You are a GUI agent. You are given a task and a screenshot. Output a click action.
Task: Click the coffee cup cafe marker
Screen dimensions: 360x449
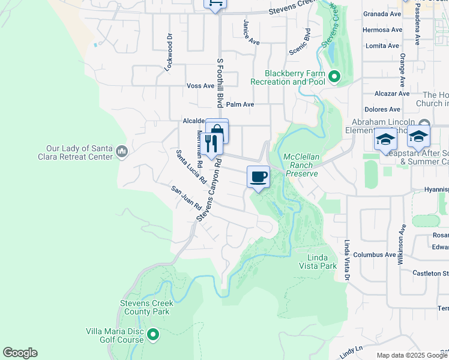tap(258, 177)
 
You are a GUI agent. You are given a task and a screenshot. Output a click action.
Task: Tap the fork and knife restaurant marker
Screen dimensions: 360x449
tap(211, 143)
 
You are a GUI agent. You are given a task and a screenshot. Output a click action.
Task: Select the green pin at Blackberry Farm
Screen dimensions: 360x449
tap(334, 77)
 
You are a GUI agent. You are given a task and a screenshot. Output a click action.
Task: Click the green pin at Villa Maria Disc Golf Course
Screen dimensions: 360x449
tap(152, 334)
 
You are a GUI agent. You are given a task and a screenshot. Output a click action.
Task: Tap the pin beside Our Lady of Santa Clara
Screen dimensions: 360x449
tap(122, 151)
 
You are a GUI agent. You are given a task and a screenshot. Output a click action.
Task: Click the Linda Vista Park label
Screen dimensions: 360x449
tap(318, 262)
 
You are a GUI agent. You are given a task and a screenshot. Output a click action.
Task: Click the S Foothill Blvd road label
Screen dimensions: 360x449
tap(220, 84)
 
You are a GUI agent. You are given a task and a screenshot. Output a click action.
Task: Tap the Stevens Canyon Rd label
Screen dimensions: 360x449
tap(210, 189)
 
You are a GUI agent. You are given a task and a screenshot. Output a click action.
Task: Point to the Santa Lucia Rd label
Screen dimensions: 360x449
tap(191, 167)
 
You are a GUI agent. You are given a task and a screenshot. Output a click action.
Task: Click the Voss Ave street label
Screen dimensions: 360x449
tap(200, 86)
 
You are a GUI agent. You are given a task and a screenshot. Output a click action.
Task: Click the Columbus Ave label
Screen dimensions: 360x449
tap(374, 254)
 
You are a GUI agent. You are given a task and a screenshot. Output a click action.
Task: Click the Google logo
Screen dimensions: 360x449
tap(20, 353)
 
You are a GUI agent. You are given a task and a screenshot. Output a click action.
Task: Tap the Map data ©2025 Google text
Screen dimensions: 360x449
tap(411, 355)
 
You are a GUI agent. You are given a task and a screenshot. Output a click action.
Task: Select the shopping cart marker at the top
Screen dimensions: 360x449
tap(214, 4)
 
